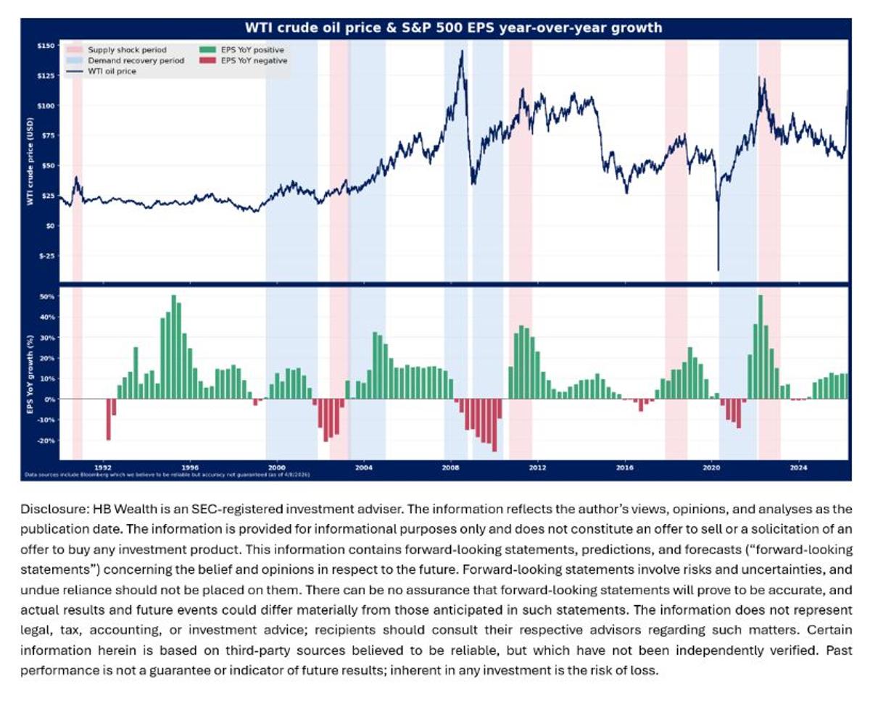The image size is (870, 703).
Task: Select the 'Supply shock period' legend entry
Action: pyautogui.click(x=126, y=50)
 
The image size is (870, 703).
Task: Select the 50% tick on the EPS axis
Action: pyautogui.click(x=48, y=296)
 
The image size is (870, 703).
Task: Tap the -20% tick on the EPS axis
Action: pyautogui.click(x=46, y=441)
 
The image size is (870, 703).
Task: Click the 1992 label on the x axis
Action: pyautogui.click(x=103, y=467)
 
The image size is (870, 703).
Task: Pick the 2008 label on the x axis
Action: pyautogui.click(x=450, y=467)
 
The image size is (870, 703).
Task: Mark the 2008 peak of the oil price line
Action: pyautogui.click(x=461, y=51)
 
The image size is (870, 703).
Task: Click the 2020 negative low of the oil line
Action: pyautogui.click(x=718, y=270)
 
